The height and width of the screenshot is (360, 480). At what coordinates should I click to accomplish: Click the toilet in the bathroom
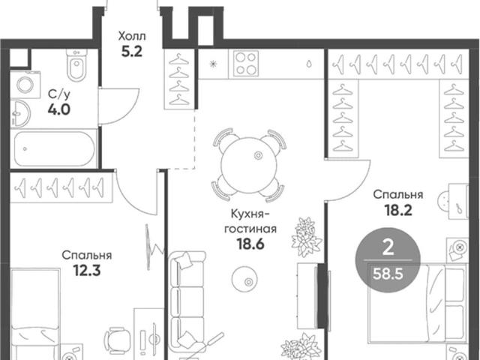click(76, 65)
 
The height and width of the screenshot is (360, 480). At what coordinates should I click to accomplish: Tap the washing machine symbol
click(25, 85)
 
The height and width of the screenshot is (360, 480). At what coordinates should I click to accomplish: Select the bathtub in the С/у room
click(55, 148)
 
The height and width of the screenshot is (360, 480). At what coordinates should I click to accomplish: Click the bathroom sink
click(21, 113)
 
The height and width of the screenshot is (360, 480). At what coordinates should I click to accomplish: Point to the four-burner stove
click(246, 63)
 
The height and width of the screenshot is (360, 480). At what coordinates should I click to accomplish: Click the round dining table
click(248, 165)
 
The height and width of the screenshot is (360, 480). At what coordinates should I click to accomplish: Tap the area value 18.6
click(250, 244)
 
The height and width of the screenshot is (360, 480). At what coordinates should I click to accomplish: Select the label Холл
click(132, 37)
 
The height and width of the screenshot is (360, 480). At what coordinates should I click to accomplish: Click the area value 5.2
click(132, 52)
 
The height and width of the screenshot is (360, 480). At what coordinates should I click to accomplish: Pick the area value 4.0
click(58, 109)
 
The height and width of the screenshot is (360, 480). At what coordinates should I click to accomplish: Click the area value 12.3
click(87, 270)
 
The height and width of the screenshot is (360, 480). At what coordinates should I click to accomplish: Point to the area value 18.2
click(398, 210)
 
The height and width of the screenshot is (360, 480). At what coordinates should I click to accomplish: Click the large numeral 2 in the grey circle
click(388, 248)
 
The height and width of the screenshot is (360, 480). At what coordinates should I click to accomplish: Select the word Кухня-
click(250, 214)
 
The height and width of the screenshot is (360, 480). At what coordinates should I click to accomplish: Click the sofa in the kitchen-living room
click(187, 301)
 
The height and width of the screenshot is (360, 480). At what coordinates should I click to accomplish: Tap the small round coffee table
click(244, 279)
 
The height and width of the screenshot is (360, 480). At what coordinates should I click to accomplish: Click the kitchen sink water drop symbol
click(310, 64)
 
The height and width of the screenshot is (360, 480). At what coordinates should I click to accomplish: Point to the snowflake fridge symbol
click(213, 64)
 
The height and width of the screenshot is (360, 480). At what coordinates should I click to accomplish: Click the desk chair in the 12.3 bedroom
click(117, 339)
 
